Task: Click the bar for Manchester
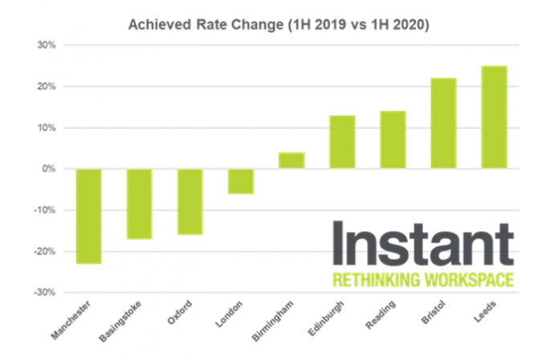(88, 216)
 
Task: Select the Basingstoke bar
(139, 203)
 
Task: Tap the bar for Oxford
(190, 202)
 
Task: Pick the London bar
(240, 181)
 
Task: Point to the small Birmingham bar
(292, 161)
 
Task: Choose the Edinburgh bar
(342, 142)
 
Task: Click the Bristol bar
(443, 124)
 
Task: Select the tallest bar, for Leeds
(494, 117)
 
